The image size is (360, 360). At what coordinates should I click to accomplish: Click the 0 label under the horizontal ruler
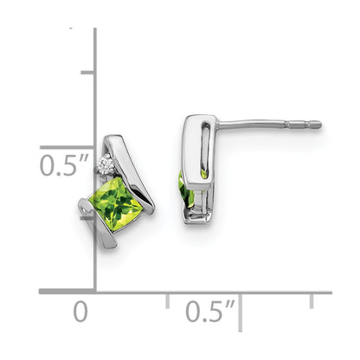(80, 311)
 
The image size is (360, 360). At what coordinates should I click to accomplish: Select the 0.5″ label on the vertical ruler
(62, 164)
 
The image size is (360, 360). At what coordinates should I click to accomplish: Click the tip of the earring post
(319, 125)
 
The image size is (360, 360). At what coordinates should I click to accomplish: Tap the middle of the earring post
(268, 125)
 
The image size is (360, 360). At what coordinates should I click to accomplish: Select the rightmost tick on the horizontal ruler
(312, 300)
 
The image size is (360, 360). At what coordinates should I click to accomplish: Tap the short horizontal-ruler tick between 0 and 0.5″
(168, 300)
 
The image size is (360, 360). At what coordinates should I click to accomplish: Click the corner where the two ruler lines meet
(95, 292)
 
